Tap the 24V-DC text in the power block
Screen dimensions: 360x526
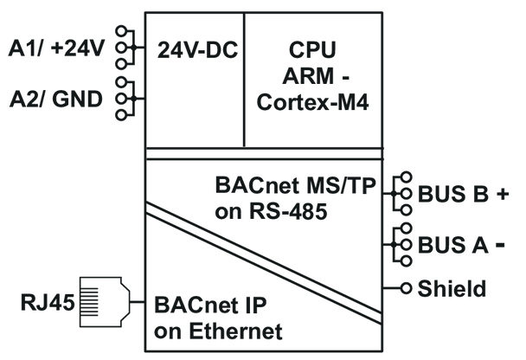pos(197,49)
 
